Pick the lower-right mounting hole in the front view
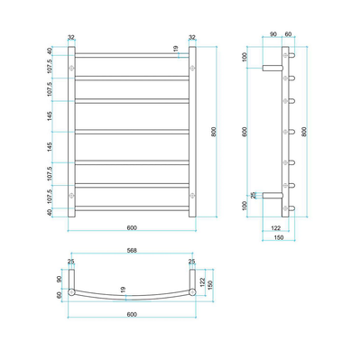[x=190, y=195]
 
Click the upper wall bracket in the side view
[x=272, y=66]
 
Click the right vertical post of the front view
[x=190, y=130]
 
